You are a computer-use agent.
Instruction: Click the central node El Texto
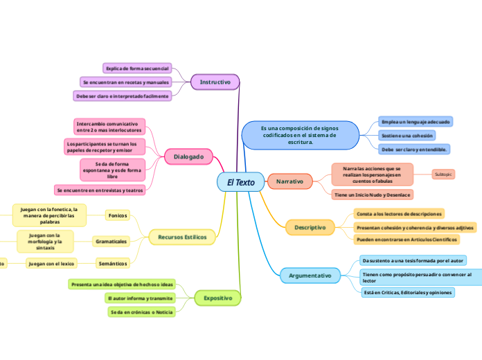(x=240, y=182)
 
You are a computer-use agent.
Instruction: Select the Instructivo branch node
(x=215, y=82)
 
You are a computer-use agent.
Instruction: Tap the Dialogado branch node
(x=188, y=157)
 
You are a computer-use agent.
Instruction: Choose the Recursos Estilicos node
(x=181, y=237)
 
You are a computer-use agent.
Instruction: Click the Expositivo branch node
(x=217, y=298)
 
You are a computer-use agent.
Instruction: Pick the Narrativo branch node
(x=289, y=181)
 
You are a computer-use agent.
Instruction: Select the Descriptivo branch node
(x=310, y=227)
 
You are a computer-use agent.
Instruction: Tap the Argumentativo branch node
(x=309, y=276)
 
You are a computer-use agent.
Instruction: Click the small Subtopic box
(x=443, y=174)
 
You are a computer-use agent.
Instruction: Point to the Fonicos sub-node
(x=118, y=215)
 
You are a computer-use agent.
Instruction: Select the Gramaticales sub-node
(x=111, y=241)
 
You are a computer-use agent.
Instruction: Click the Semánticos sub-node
(x=112, y=263)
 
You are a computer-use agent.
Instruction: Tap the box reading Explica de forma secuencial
(x=136, y=68)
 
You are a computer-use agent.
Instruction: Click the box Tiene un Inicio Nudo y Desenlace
(x=373, y=195)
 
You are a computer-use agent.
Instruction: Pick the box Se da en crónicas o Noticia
(x=142, y=312)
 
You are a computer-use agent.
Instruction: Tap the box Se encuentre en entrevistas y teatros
(x=100, y=190)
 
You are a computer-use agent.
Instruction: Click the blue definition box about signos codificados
(x=300, y=135)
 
